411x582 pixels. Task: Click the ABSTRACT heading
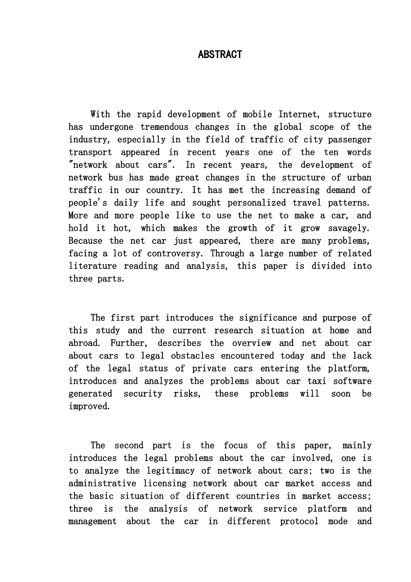click(x=220, y=55)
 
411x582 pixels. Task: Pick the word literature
click(x=92, y=266)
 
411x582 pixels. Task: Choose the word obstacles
click(x=193, y=356)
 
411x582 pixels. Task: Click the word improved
click(x=89, y=407)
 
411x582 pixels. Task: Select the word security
click(x=143, y=394)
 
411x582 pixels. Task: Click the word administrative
click(x=102, y=484)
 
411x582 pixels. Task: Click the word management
click(x=92, y=521)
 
